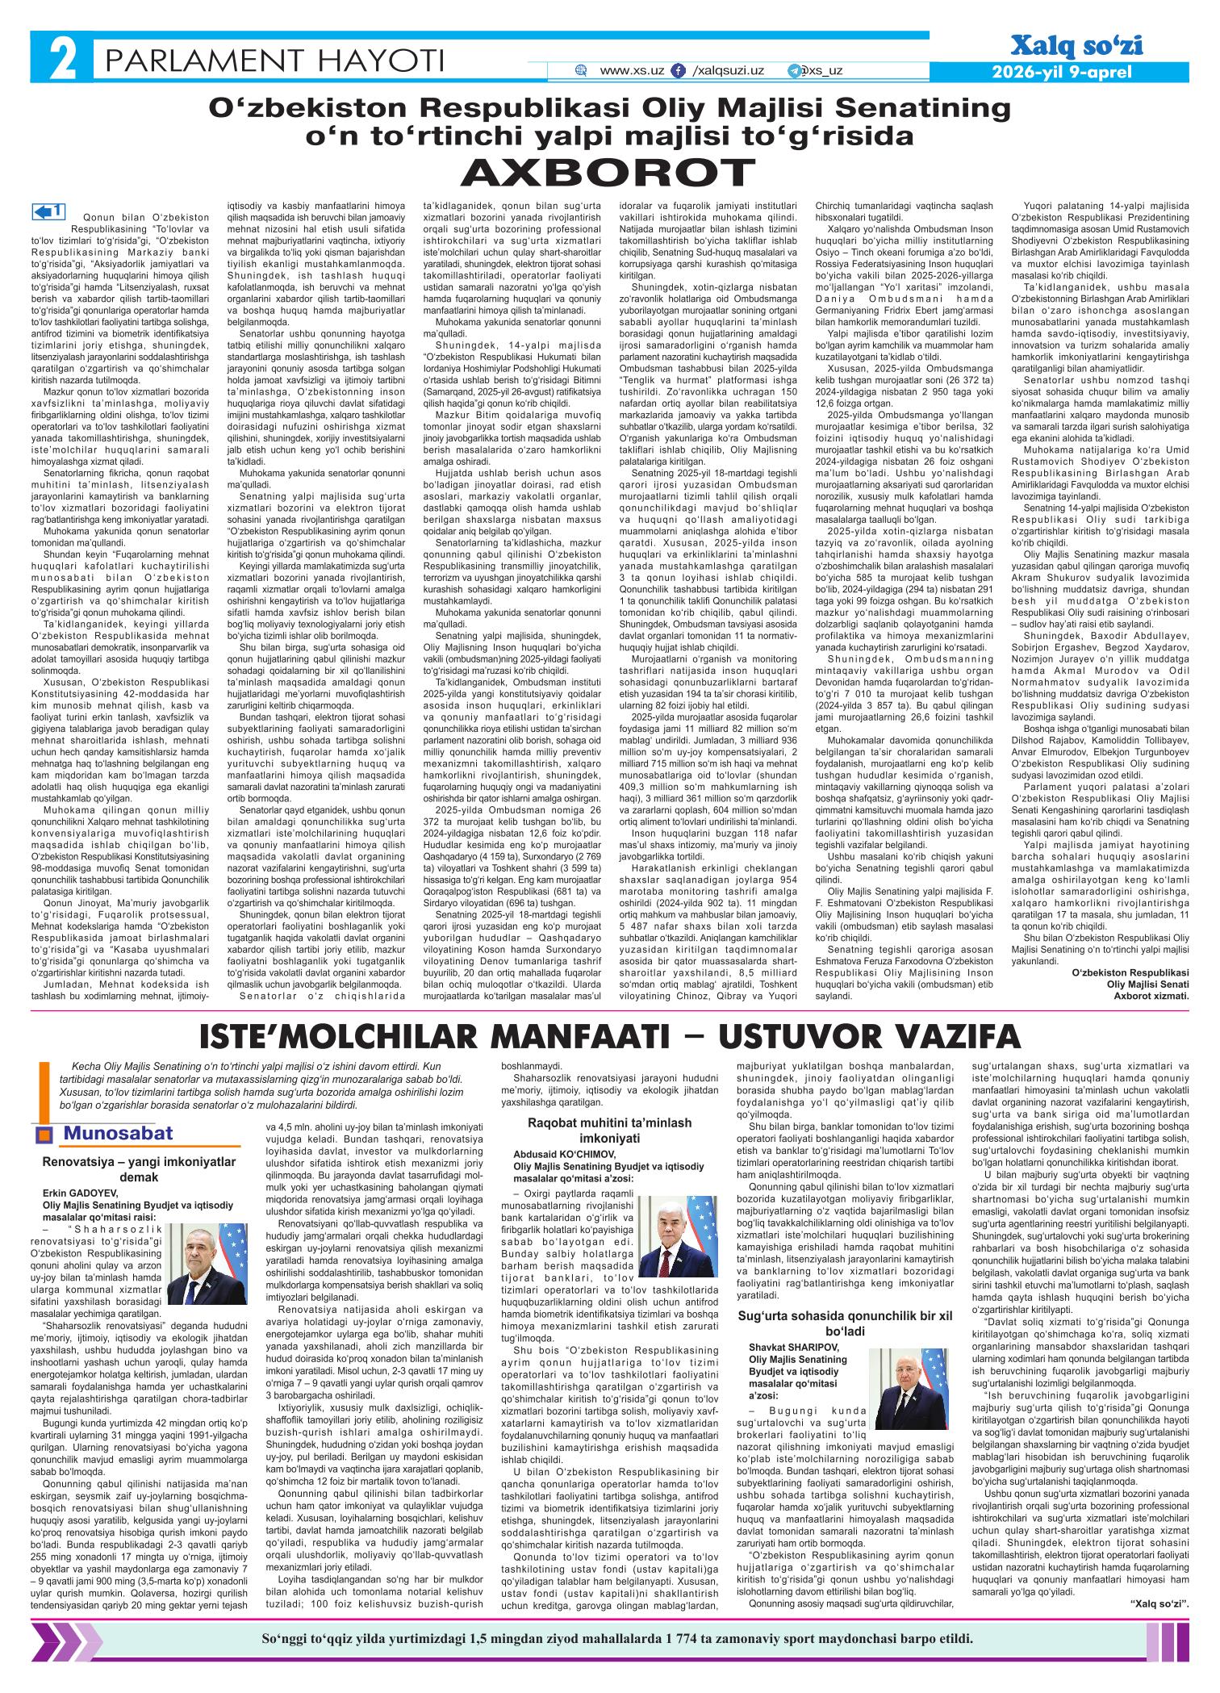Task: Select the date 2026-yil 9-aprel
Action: [x=1066, y=72]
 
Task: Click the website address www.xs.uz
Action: [x=633, y=71]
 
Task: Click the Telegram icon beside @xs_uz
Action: [x=794, y=71]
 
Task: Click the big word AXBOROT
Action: [x=609, y=170]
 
